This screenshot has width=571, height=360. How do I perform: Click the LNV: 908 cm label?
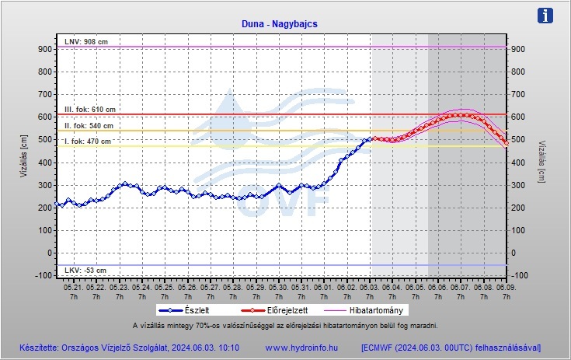click(85, 40)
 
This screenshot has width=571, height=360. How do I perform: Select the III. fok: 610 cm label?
click(89, 109)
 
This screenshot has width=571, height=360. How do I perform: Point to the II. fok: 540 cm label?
click(89, 125)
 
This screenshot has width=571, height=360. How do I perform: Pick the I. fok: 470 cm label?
click(87, 142)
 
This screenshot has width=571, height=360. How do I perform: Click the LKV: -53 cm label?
click(85, 270)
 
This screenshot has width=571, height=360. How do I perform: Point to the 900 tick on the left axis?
click(44, 49)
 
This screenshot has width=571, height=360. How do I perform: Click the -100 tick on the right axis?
click(521, 275)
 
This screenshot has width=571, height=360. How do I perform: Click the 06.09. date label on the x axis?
click(506, 285)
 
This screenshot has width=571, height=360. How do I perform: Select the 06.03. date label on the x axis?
click(370, 285)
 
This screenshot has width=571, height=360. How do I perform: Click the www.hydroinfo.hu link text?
click(301, 347)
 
